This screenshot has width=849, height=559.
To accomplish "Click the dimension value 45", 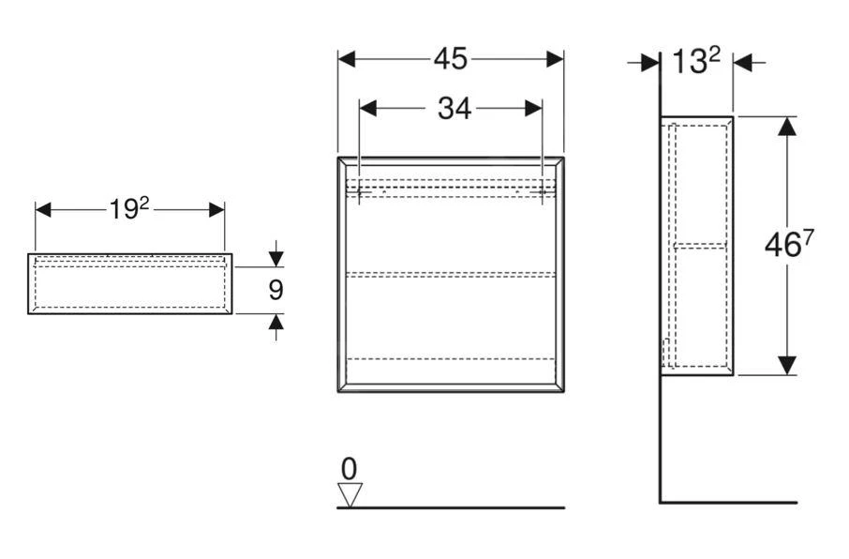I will tap(450, 59).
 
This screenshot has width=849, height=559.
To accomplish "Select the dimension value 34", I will tap(454, 109).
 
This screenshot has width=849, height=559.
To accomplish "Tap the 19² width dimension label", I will tap(129, 209).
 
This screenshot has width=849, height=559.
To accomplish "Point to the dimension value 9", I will tap(276, 290).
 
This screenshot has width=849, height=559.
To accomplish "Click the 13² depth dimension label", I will tap(695, 63).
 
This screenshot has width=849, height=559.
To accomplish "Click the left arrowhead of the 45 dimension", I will tap(347, 59).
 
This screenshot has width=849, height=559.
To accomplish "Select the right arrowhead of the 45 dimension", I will tap(555, 59).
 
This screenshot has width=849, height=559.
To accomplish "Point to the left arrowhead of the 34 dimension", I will tap(368, 109).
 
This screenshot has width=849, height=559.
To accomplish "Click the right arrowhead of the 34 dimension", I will tap(534, 109).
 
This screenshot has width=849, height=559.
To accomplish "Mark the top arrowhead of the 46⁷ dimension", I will tap(787, 126).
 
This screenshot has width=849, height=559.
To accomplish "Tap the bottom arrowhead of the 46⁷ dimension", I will tap(787, 366).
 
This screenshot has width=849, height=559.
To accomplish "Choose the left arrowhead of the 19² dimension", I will tap(44, 209).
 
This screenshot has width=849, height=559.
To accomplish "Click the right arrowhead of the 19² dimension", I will tap(216, 209).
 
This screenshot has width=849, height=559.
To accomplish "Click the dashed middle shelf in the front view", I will tap(450, 274).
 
